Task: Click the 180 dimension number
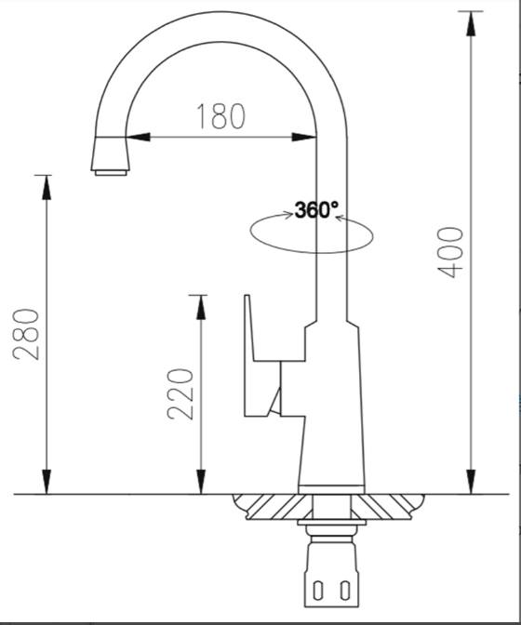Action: [x=221, y=116]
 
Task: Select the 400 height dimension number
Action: [x=451, y=250]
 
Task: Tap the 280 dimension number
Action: [x=27, y=335]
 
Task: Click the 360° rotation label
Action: [x=316, y=210]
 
